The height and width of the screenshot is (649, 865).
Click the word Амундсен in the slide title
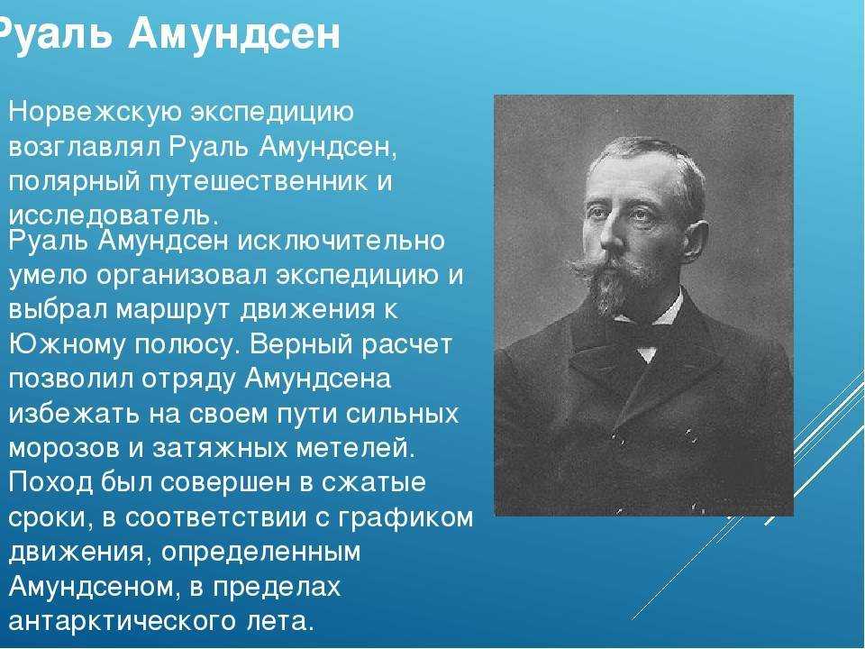pyautogui.click(x=234, y=34)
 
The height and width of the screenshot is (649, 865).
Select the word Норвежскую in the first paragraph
pyautogui.click(x=95, y=114)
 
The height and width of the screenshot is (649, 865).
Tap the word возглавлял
pyautogui.click(x=85, y=148)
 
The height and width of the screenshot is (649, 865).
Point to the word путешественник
pyautogui.click(x=259, y=183)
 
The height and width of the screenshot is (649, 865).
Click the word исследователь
pyautogui.click(x=110, y=215)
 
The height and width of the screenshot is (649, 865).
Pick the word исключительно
pyautogui.click(x=341, y=242)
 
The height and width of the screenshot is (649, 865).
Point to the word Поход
pyautogui.click(x=52, y=482)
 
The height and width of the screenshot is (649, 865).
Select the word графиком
pyautogui.click(x=405, y=517)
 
